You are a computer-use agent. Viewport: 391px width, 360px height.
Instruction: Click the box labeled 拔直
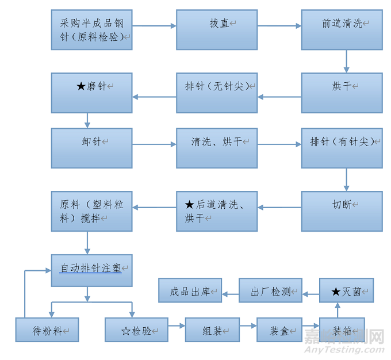pos(217,29)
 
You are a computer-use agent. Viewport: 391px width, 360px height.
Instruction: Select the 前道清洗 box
pos(342,29)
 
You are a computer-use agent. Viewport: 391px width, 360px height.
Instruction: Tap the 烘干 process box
pos(342,93)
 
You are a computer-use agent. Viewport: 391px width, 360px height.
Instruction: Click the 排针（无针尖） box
pos(217,93)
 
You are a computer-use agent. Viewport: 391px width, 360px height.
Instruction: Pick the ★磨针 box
pos(91,93)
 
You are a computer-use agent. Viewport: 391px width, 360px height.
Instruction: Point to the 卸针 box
pos(91,148)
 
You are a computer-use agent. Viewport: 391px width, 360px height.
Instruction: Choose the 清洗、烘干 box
pos(217,148)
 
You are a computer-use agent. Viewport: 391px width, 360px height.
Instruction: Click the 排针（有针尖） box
pos(342,148)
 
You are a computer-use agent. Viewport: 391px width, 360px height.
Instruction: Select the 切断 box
pos(342,211)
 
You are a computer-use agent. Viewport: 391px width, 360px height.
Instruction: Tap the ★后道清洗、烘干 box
pos(217,211)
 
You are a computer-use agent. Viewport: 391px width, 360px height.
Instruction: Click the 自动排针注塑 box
pos(91,270)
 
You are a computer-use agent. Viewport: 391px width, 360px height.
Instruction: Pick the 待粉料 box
pos(47,330)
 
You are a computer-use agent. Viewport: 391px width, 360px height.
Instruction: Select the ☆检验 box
pos(136,330)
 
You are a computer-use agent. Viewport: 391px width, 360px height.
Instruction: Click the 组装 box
pos(212,330)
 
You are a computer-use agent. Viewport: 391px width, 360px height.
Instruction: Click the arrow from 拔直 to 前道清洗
pos(279,26)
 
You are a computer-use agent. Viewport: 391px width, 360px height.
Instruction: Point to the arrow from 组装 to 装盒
pos(248,327)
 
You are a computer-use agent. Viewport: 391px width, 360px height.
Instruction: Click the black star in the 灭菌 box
pos(336,292)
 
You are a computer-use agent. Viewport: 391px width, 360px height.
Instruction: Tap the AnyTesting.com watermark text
pos(344,348)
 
